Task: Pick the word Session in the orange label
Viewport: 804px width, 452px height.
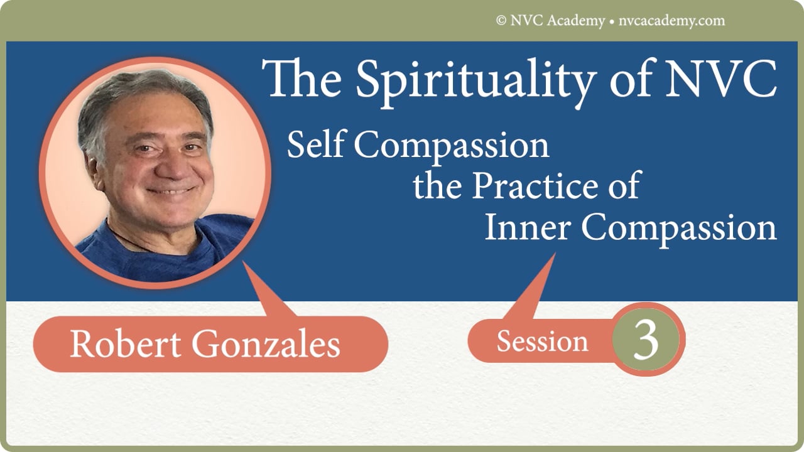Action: coord(542,342)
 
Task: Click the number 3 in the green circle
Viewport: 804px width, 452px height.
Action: coord(646,340)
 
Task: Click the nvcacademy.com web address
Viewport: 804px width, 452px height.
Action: coord(670,21)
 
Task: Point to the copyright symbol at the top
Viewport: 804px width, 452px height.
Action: coord(501,21)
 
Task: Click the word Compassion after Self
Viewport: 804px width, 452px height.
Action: coord(452,146)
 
